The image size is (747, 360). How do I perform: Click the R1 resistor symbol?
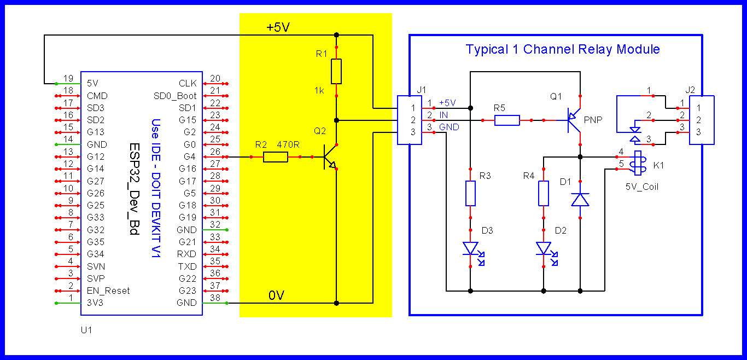coord(336,71)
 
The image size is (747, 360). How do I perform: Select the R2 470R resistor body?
coord(275,157)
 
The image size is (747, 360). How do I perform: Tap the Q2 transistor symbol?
coord(330,157)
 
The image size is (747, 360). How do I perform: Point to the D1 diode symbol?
coord(580,199)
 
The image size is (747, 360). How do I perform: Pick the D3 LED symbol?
coord(471,248)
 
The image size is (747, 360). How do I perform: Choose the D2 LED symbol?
coord(544,248)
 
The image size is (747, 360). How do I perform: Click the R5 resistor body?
coord(507,120)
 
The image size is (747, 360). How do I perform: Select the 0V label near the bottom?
coord(276,295)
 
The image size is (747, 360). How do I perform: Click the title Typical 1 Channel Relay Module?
coord(562,49)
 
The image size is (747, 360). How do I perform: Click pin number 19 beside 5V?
coord(68,78)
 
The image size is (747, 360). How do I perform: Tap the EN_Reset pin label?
coord(108,291)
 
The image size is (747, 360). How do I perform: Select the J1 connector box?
coord(409,120)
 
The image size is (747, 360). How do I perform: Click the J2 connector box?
coord(702,120)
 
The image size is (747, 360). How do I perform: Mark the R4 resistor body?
coord(544,193)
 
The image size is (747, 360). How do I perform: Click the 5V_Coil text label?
coord(642,187)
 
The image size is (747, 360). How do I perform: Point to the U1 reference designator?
coord(86,330)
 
